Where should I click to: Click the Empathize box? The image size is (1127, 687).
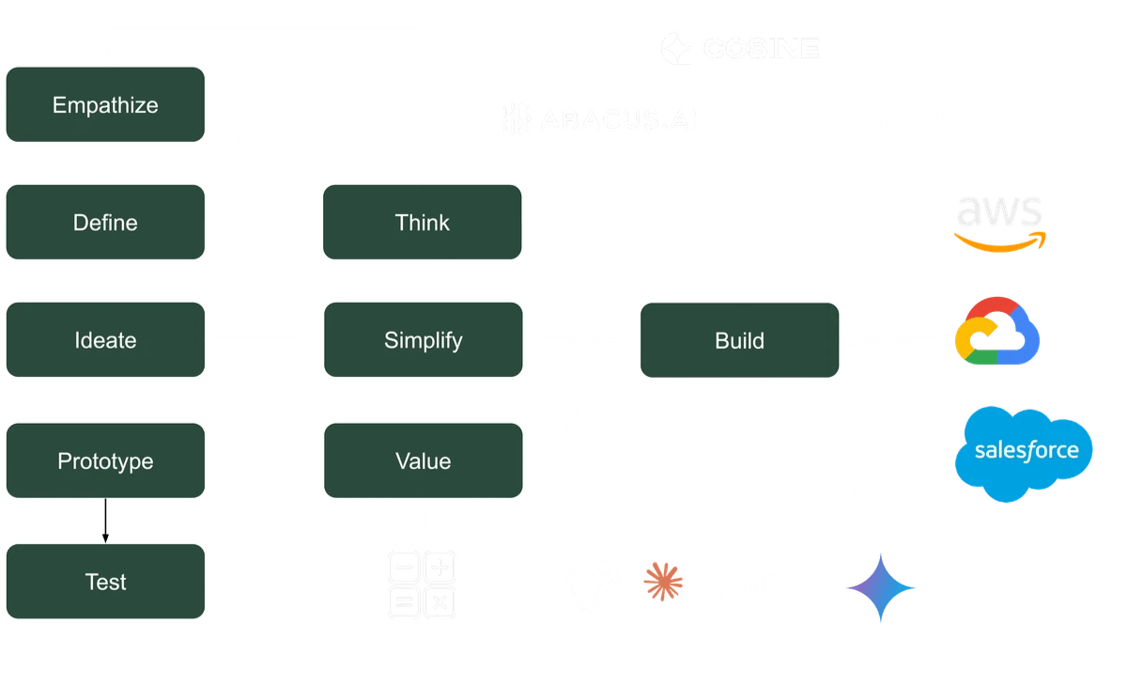(105, 104)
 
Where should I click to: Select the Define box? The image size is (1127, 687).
(105, 223)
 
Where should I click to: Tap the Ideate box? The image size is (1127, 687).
(105, 340)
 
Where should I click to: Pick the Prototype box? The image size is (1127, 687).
(105, 461)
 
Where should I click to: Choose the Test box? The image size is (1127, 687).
(105, 582)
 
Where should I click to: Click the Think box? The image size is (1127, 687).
(423, 223)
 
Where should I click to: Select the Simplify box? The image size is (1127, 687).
(423, 340)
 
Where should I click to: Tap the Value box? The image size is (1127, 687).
(423, 461)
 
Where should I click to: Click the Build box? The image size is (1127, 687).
(739, 340)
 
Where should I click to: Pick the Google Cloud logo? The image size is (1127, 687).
(997, 330)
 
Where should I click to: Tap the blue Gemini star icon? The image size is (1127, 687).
(880, 587)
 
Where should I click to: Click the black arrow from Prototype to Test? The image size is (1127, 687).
(105, 521)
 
